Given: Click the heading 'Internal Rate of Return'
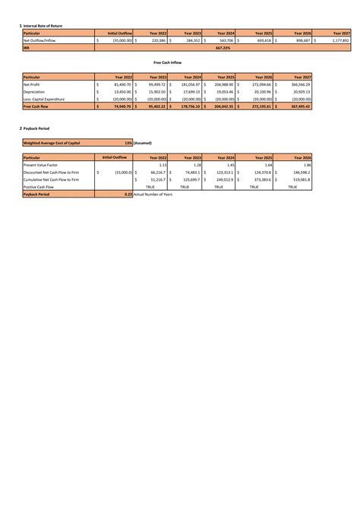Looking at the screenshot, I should pyautogui.click(x=43, y=26).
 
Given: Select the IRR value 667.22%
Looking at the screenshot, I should pyautogui.click(x=223, y=47).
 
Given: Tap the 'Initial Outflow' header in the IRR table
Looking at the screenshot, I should pyautogui.click(x=120, y=33).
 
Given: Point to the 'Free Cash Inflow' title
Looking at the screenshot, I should pyautogui.click(x=167, y=62).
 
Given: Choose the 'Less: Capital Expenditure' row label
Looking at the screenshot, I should pyautogui.click(x=44, y=99).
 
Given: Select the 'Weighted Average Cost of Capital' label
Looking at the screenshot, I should pyautogui.click(x=53, y=142).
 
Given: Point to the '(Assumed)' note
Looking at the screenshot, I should pyautogui.click(x=143, y=142).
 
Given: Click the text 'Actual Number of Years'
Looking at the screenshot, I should pyautogui.click(x=153, y=194).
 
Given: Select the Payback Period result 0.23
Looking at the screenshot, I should pyautogui.click(x=128, y=194).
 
